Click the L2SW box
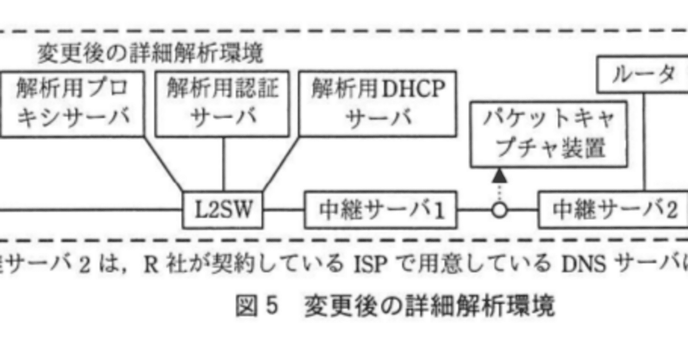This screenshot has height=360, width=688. [x=223, y=210]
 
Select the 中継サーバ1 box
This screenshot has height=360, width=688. [x=381, y=210]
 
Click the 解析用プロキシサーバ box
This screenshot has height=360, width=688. [x=73, y=104]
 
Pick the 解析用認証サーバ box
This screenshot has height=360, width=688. [x=223, y=104]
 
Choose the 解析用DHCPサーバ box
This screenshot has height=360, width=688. [x=378, y=104]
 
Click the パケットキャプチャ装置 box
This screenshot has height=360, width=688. [x=549, y=134]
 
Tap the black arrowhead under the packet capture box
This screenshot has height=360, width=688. [x=500, y=175]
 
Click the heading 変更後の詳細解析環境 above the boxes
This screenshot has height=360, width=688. [x=150, y=54]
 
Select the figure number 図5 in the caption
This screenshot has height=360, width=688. [x=257, y=307]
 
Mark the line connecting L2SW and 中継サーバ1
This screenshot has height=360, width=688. [x=284, y=210]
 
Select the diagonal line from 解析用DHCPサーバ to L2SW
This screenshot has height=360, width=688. [x=281, y=164]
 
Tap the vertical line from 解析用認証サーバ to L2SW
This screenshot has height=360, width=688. [x=223, y=164]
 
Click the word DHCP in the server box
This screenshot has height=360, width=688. [x=414, y=89]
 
